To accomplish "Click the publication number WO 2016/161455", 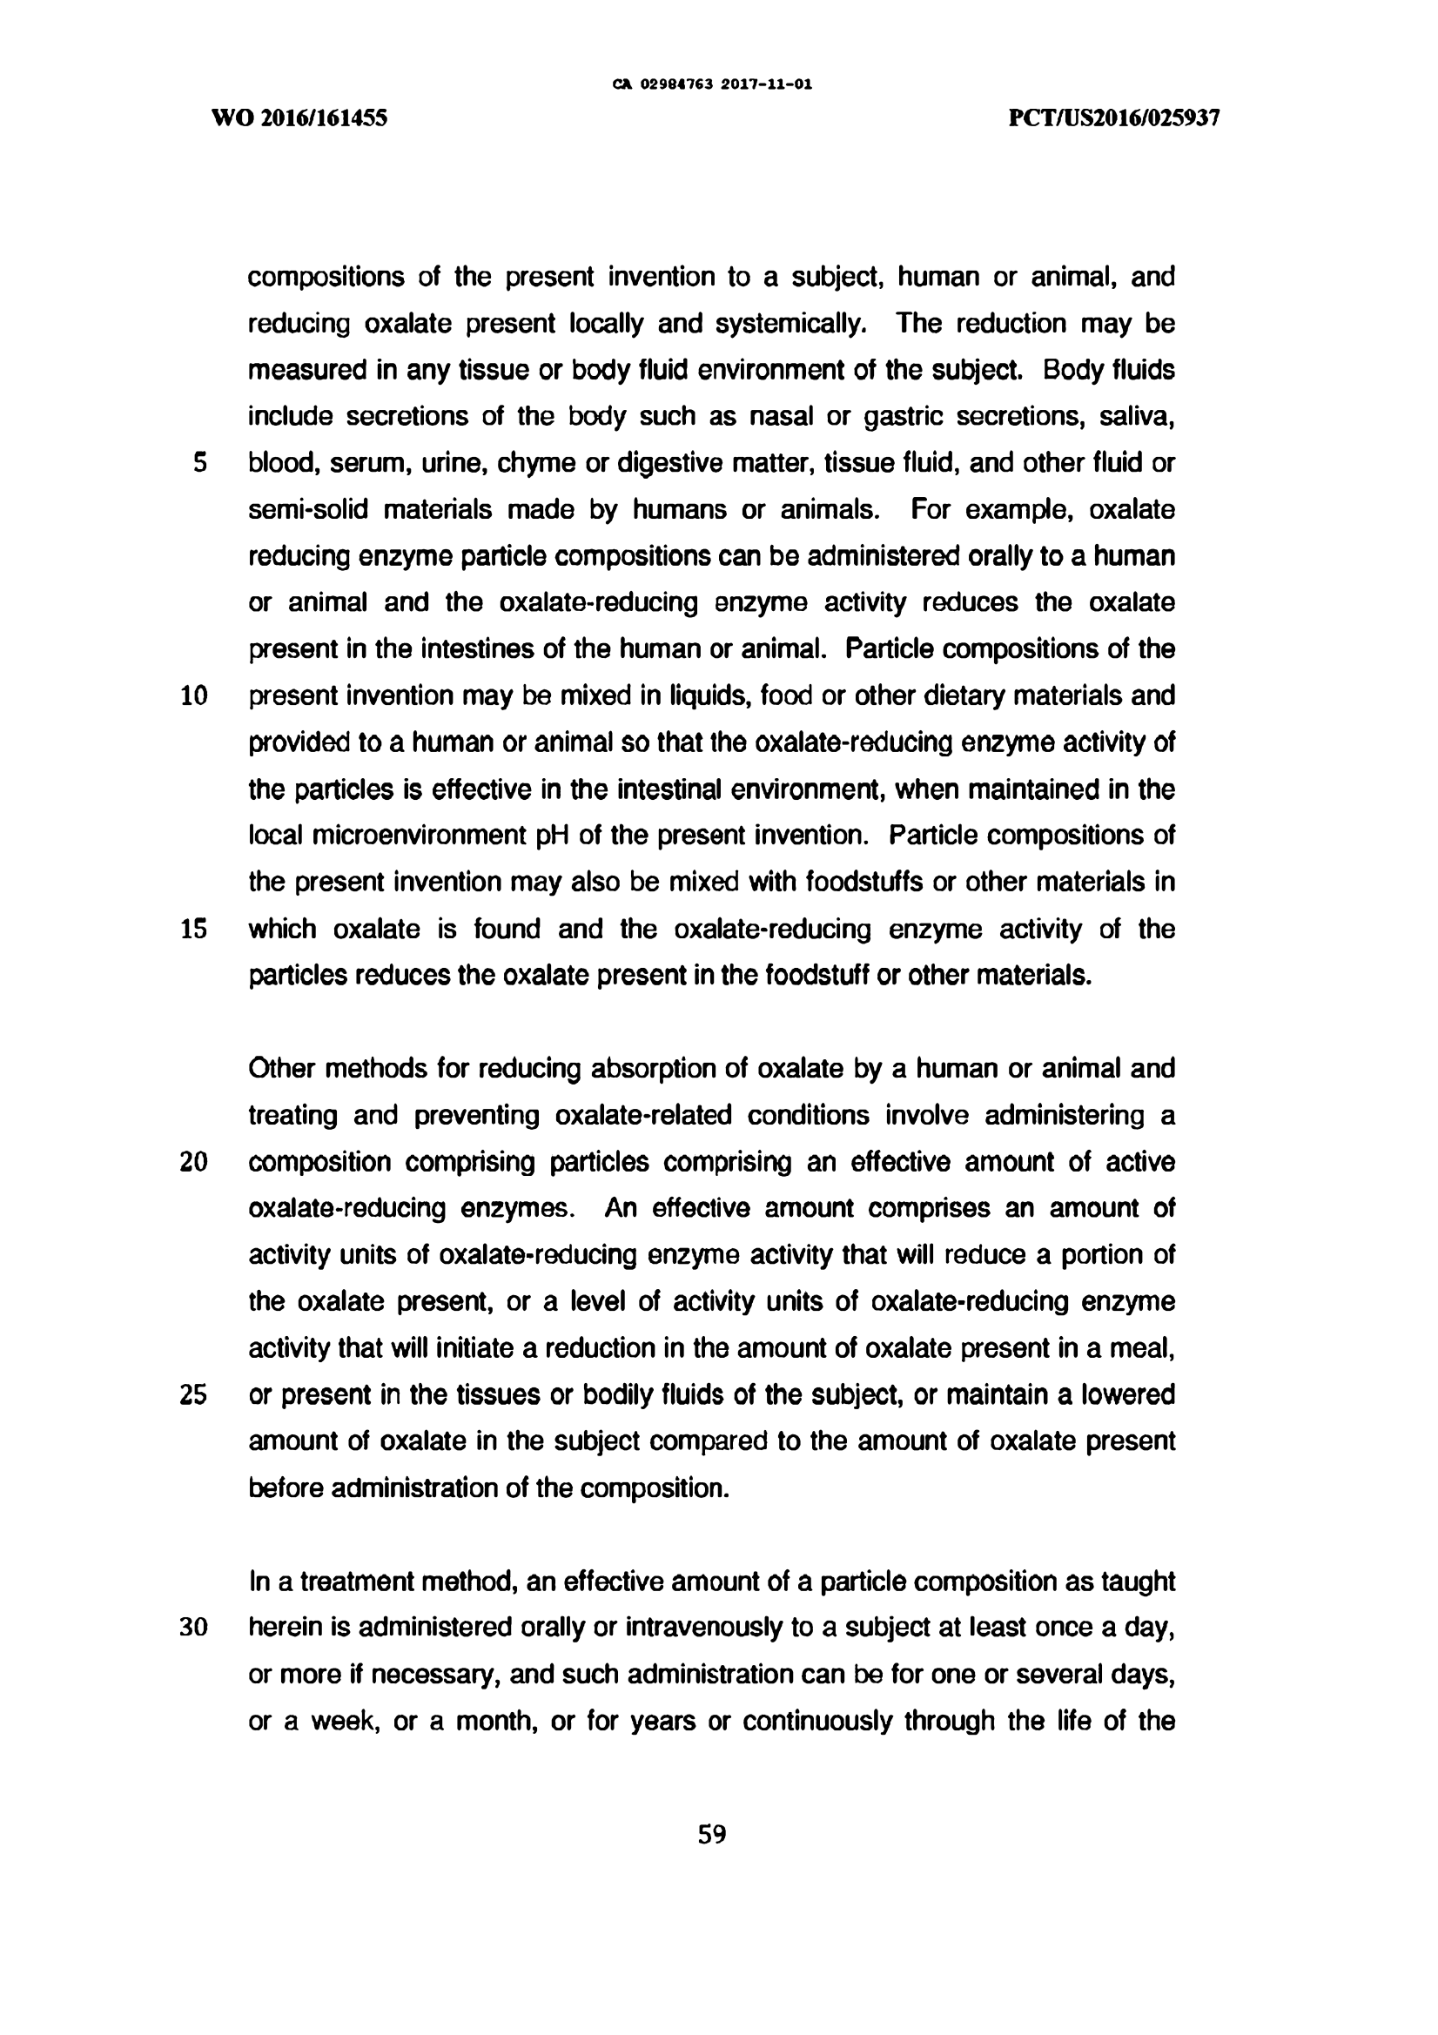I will click(299, 118).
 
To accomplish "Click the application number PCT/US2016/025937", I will click(1114, 118).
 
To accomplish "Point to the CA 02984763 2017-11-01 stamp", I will click(712, 85).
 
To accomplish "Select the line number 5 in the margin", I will click(199, 463).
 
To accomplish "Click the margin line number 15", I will click(194, 930).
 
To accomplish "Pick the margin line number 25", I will click(194, 1395).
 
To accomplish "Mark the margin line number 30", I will click(194, 1629).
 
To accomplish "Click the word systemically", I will click(790, 325).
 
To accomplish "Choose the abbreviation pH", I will click(553, 836).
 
